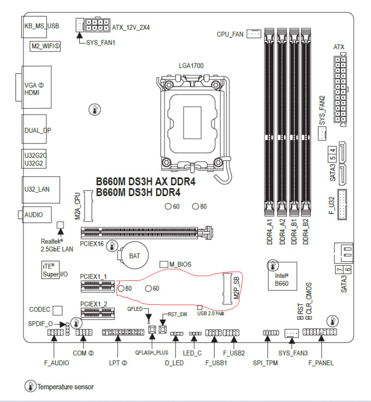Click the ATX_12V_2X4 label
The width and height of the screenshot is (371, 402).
click(x=131, y=27)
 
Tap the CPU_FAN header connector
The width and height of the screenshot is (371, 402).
click(x=254, y=33)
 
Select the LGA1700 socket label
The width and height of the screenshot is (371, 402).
click(x=191, y=66)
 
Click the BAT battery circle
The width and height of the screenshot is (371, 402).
click(x=134, y=256)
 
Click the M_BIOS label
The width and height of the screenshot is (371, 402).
click(x=180, y=264)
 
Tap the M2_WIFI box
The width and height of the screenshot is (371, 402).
click(x=45, y=46)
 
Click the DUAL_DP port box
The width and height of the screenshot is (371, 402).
click(x=38, y=130)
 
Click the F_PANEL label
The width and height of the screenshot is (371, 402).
click(x=321, y=363)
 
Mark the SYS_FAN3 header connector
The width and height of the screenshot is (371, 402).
click(x=292, y=333)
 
